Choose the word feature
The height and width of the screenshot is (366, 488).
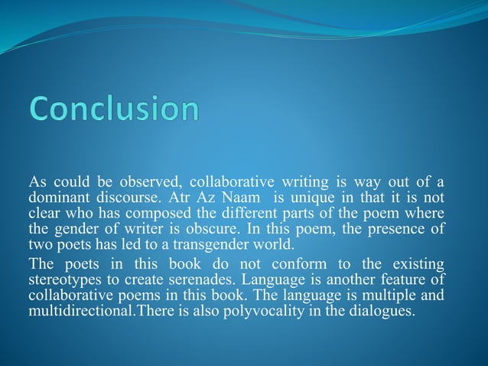pos(403,278)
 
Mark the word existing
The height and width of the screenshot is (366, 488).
pos(418,264)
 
